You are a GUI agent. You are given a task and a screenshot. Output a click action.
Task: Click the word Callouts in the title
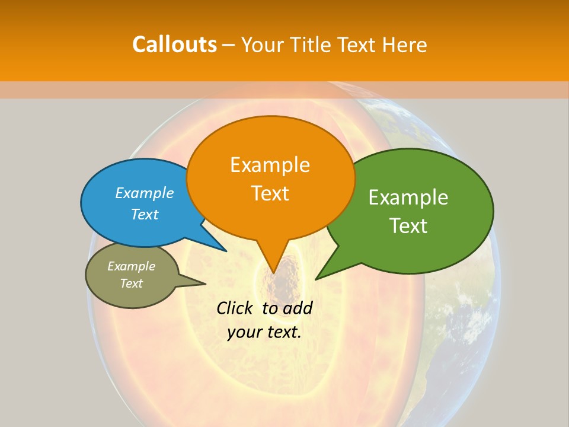click(174, 44)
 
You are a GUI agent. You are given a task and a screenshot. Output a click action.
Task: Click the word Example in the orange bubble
click(270, 165)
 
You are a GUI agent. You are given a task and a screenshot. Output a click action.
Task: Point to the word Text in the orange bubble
click(270, 193)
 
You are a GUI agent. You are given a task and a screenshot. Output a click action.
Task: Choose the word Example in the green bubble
click(408, 197)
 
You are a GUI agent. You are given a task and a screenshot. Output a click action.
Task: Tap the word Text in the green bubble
click(408, 226)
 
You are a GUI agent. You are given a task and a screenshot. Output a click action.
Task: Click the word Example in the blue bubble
click(145, 193)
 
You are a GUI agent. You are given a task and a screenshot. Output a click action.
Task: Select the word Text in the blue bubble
click(145, 214)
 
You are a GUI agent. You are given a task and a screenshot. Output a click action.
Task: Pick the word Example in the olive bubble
click(131, 266)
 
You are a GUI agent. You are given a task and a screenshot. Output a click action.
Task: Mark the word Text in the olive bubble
click(131, 283)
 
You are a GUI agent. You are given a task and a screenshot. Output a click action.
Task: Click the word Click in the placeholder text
click(235, 308)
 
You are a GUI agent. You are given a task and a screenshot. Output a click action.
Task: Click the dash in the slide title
click(229, 45)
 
